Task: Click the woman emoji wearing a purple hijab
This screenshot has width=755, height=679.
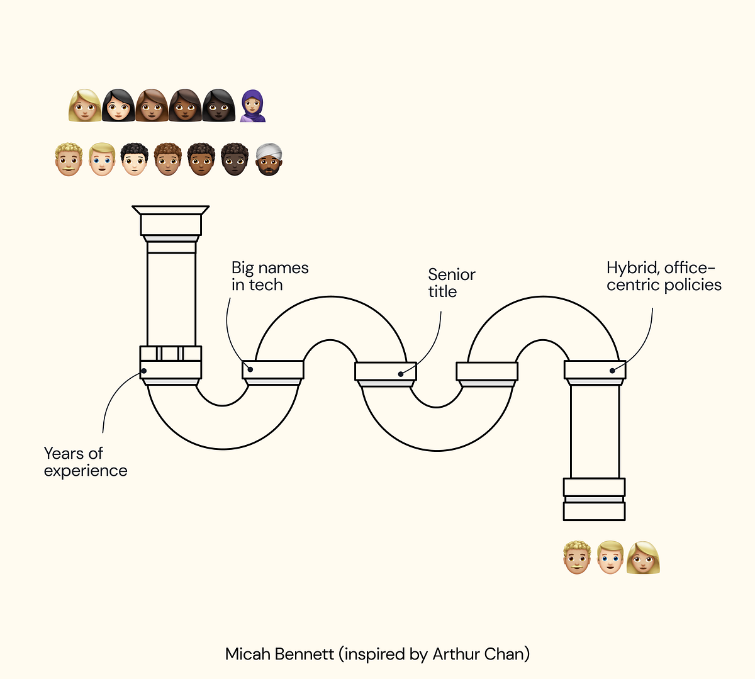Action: tap(253, 106)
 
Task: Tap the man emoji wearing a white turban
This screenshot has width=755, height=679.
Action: tap(269, 159)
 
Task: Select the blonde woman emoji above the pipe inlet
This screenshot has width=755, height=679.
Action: tap(85, 106)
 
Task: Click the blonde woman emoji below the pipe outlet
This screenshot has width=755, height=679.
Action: tap(643, 558)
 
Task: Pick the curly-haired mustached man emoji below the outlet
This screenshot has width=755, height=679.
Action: tap(576, 558)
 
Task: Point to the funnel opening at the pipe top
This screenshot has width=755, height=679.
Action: tap(171, 210)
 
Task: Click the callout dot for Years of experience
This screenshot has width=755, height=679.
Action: tap(144, 371)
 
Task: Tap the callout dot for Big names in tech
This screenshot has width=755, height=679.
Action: tap(250, 369)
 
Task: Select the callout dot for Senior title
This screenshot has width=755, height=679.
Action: tap(401, 374)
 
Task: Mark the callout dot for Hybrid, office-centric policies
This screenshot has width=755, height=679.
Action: tap(612, 371)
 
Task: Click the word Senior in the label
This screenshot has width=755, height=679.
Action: tap(452, 274)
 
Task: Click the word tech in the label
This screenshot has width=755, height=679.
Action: tap(266, 285)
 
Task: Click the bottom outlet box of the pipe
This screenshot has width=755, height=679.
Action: tap(595, 511)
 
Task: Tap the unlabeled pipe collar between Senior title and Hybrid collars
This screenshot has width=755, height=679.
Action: tap(487, 371)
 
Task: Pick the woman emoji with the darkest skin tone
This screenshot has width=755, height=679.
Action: tap(219, 106)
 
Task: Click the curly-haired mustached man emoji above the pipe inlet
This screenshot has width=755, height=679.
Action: tap(69, 159)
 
